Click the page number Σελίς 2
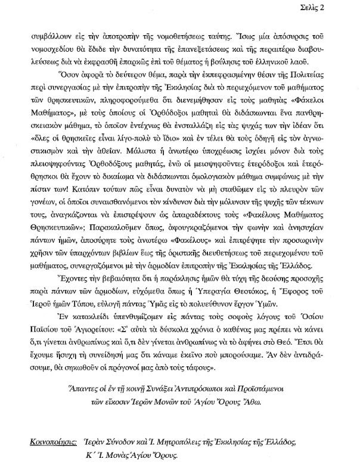point(338,7)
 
